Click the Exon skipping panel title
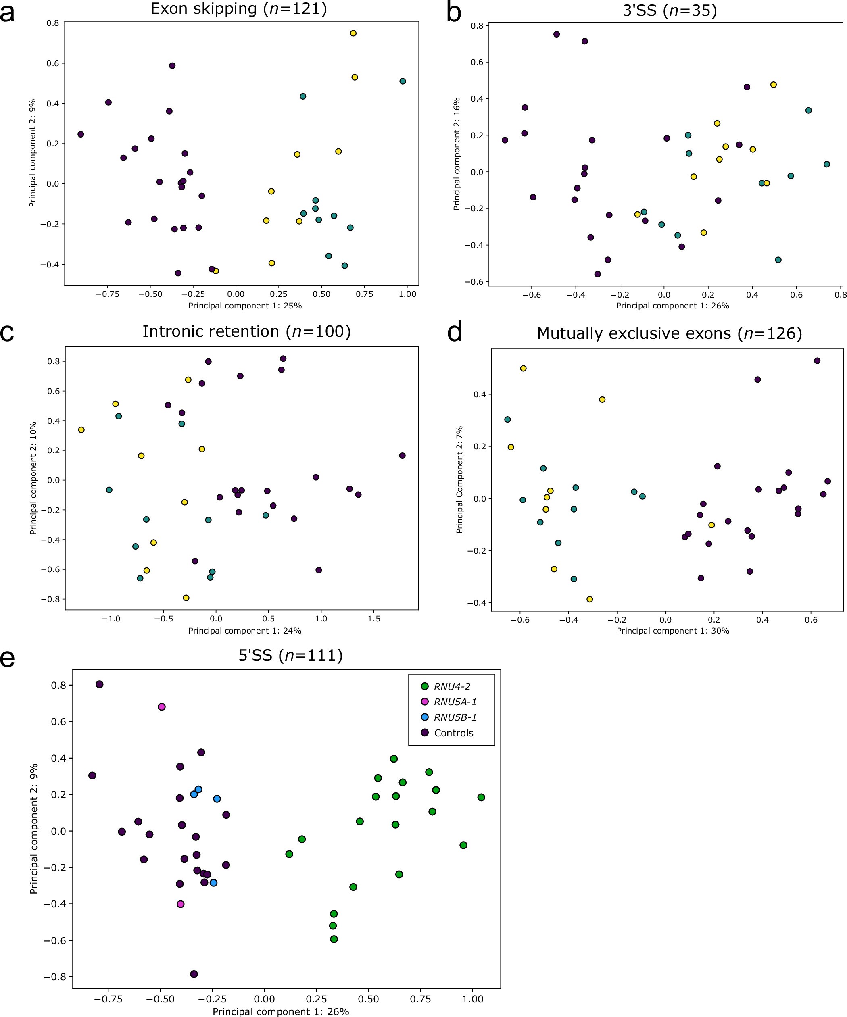[x=239, y=9]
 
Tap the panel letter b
[x=454, y=13]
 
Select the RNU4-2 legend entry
[x=452, y=686]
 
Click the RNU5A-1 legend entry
[x=455, y=702]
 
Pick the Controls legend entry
[x=453, y=733]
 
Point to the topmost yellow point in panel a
[x=353, y=33]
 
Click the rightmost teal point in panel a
[x=403, y=81]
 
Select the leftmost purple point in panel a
[x=81, y=134]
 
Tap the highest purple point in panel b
[x=557, y=34]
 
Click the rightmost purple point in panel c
[x=402, y=456]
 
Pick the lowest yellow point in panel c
[x=186, y=598]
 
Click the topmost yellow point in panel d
[x=523, y=368]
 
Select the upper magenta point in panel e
[x=162, y=706]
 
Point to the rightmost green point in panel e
[x=481, y=797]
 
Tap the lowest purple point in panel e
[x=194, y=974]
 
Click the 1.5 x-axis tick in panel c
[x=374, y=619]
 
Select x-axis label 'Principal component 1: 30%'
[x=673, y=631]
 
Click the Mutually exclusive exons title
[x=669, y=333]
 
